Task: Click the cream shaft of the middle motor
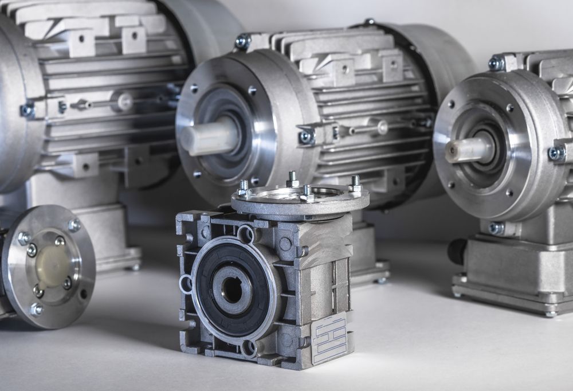point(209,137)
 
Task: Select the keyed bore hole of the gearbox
point(232,290)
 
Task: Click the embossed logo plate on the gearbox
point(329,338)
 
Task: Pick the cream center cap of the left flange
point(52,266)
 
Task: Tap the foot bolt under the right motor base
point(550,313)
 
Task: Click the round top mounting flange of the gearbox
point(300,201)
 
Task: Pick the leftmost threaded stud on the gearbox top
point(244,187)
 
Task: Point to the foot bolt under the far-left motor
point(135,267)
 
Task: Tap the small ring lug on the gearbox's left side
point(186,283)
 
